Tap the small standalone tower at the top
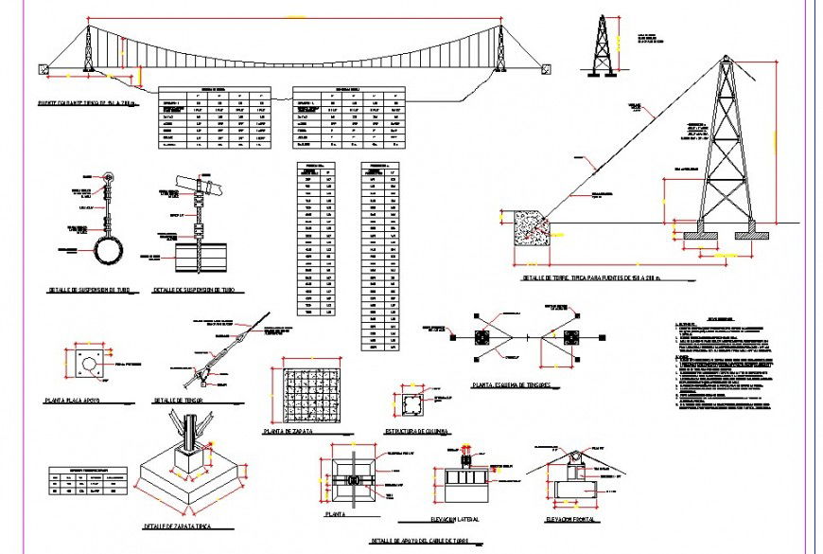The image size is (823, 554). click(601, 44)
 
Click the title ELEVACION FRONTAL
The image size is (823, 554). click(575, 520)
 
